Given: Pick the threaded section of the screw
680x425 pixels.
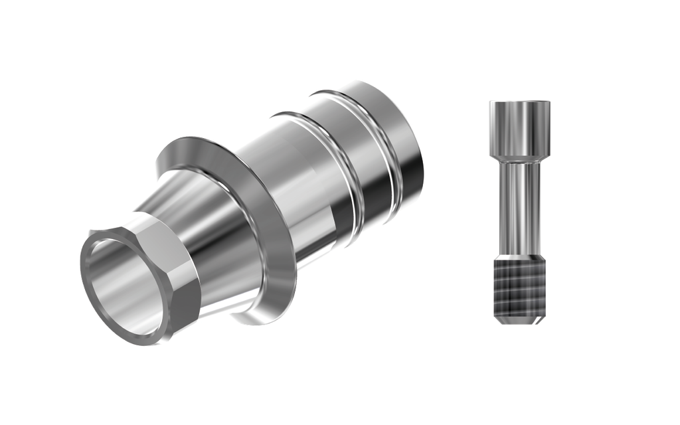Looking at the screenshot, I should point(519,289).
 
